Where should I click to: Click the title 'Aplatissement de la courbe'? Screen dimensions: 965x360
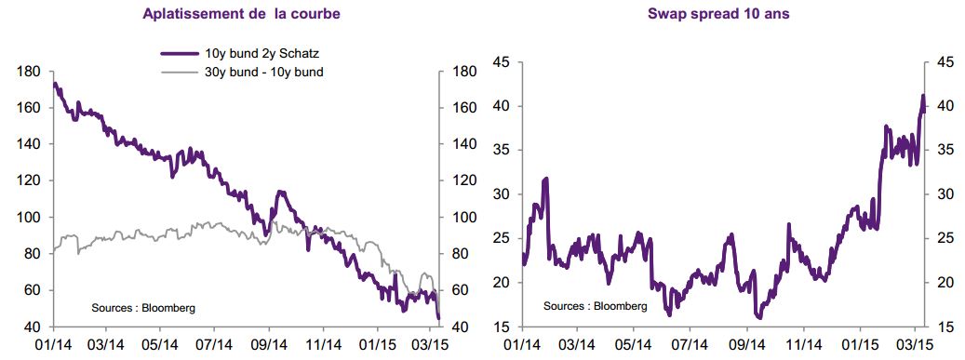point(241,14)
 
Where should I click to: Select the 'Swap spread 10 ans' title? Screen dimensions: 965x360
point(718,14)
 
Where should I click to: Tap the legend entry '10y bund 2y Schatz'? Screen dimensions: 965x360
point(261,54)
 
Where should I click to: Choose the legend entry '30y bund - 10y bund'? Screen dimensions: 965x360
point(264,72)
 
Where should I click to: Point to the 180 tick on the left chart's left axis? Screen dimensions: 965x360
point(31,72)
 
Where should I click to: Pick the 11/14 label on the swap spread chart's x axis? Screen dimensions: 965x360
point(804,343)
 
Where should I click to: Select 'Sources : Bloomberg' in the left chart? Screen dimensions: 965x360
point(143,308)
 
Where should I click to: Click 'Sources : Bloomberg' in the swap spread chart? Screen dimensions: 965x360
point(596,306)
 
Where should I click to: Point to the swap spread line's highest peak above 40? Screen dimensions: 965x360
point(922,96)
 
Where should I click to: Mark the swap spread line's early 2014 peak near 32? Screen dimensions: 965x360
point(546,180)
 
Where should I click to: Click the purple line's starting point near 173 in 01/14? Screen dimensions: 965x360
point(55,84)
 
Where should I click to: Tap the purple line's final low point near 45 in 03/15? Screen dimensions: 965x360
point(439,317)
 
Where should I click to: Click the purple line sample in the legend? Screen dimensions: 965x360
point(180,54)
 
